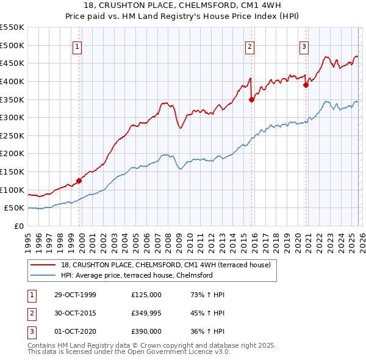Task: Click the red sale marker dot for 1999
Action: [x=79, y=181]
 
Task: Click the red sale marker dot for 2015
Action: [x=251, y=100]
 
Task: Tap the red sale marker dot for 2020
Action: [x=306, y=85]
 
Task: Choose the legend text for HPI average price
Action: [x=136, y=275]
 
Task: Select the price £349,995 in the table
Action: [x=146, y=313]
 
